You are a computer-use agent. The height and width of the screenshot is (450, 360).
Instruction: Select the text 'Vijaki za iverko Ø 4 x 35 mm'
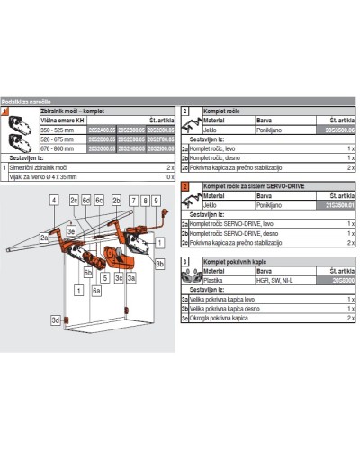[45, 178]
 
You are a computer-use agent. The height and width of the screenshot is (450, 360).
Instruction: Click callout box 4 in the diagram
[54, 200]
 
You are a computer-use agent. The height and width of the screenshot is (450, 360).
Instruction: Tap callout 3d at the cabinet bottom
[56, 319]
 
